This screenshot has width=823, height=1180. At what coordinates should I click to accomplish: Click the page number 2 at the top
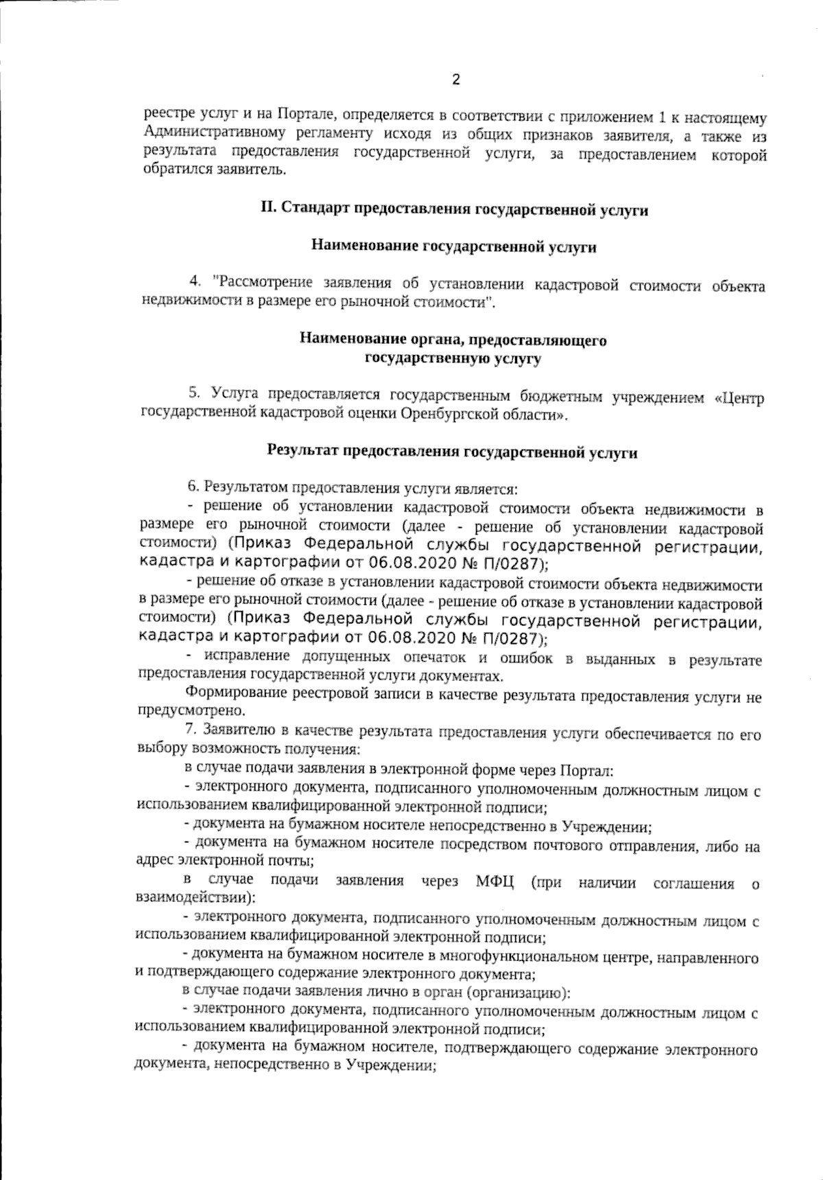tap(455, 80)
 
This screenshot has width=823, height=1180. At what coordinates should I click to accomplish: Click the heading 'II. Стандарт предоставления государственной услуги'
tap(454, 210)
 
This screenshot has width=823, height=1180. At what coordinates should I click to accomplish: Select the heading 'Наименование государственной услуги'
tap(454, 248)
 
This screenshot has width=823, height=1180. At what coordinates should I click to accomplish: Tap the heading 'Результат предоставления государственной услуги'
tap(452, 452)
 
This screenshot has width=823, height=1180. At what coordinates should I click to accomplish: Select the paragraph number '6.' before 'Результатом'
tap(193, 489)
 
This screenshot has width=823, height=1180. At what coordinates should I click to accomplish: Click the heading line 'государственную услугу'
tap(453, 358)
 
